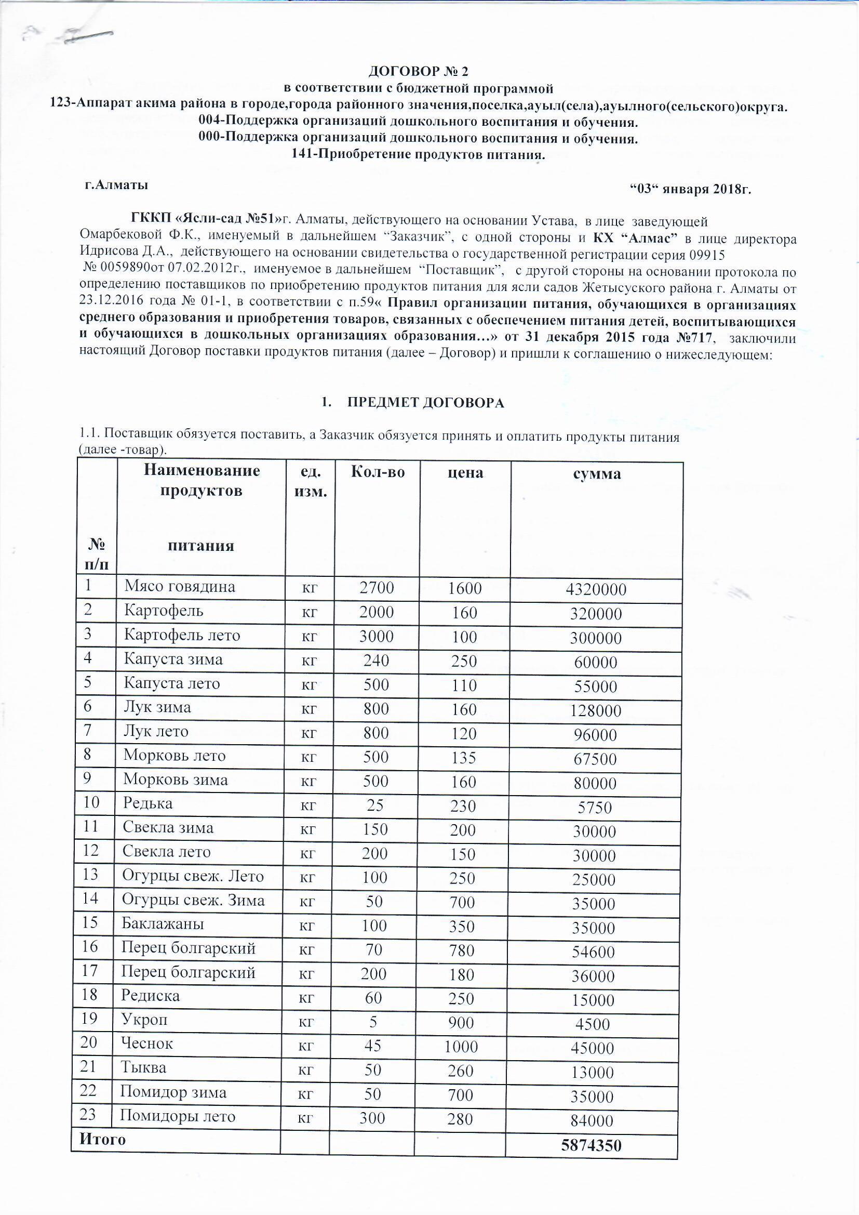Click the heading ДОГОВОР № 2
[x=418, y=71]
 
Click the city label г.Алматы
[x=116, y=185]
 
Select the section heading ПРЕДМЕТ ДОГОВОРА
[x=425, y=403]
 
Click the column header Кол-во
[x=378, y=472]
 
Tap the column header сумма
[x=597, y=473]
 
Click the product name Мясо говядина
[x=180, y=586]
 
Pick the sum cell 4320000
[x=596, y=589]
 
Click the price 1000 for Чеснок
[x=461, y=1047]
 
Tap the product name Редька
[x=148, y=803]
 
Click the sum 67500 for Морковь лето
[x=595, y=759]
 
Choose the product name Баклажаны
[x=163, y=923]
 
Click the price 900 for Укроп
[x=461, y=1022]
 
